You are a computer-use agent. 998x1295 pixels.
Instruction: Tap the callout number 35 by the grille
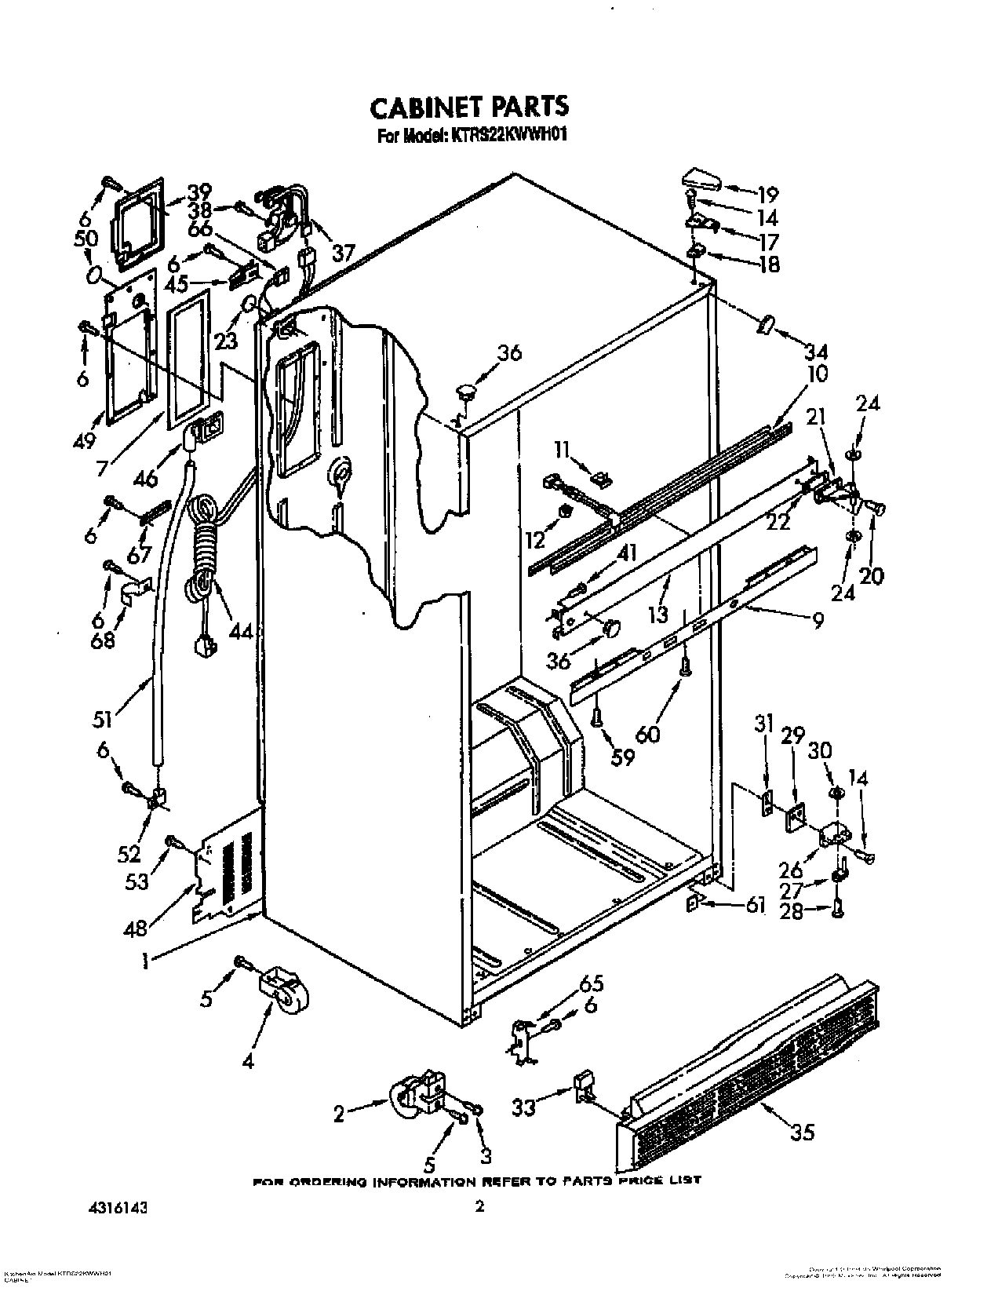coord(803,1132)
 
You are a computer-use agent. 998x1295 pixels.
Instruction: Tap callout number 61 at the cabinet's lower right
coord(755,906)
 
